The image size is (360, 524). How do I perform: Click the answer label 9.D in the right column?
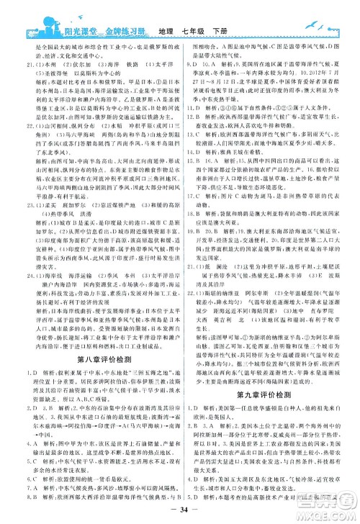coord(192,65)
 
